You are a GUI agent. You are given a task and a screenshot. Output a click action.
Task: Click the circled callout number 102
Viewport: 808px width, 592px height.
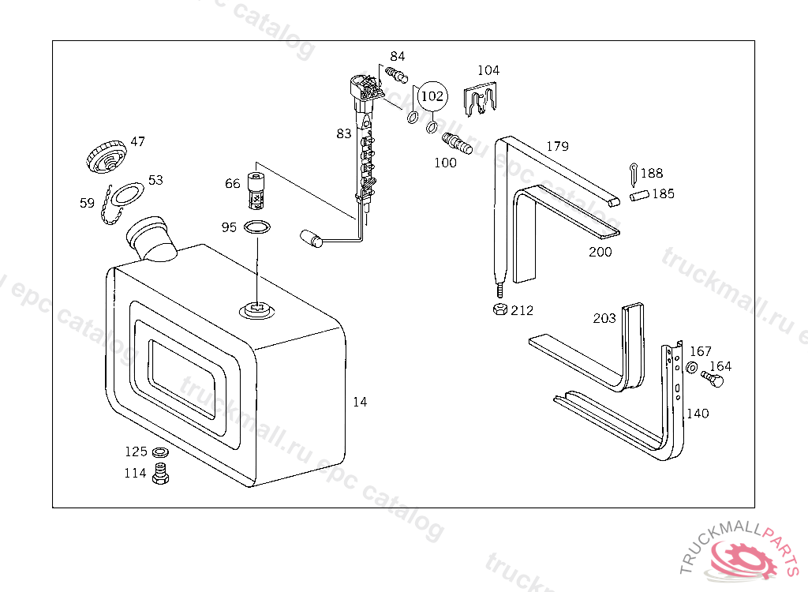pyautogui.click(x=432, y=96)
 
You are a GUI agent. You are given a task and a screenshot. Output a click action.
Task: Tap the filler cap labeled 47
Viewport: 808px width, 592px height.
pyautogui.click(x=107, y=155)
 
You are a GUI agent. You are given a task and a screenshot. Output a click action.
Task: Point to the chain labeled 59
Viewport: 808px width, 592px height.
pyautogui.click(x=110, y=206)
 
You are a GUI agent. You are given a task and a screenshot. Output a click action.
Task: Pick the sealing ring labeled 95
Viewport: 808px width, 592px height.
pyautogui.click(x=256, y=227)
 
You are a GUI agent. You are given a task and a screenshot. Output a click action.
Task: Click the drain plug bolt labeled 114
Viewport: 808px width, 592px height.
pyautogui.click(x=161, y=474)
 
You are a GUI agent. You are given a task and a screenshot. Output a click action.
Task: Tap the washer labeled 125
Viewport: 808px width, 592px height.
pyautogui.click(x=160, y=453)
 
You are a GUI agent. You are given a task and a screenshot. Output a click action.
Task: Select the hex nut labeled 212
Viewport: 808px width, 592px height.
pyautogui.click(x=499, y=309)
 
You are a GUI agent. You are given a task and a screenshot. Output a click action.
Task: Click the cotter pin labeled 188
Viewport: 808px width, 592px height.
pyautogui.click(x=634, y=174)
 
